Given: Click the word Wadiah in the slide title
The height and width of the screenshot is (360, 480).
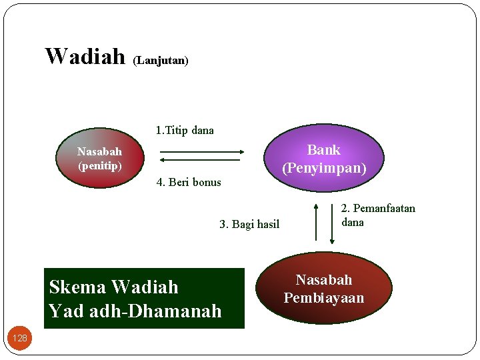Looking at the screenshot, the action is pyautogui.click(x=85, y=56).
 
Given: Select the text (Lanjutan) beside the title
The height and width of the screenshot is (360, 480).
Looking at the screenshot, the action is pyautogui.click(x=161, y=61).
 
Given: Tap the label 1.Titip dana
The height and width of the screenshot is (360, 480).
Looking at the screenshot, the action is pyautogui.click(x=185, y=130).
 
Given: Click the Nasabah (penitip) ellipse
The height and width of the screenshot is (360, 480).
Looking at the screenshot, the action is pyautogui.click(x=99, y=159).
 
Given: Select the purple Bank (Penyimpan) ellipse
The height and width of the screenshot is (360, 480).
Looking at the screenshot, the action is pyautogui.click(x=324, y=158).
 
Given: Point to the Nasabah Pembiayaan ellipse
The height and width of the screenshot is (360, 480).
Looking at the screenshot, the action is pyautogui.click(x=324, y=288).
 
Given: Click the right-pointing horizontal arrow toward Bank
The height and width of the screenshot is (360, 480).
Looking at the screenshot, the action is pyautogui.click(x=202, y=151).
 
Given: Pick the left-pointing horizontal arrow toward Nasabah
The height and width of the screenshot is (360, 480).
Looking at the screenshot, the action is pyautogui.click(x=202, y=160).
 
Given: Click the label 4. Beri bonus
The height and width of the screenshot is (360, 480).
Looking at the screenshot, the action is pyautogui.click(x=189, y=182).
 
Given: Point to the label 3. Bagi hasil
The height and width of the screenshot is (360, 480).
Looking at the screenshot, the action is pyautogui.click(x=249, y=224).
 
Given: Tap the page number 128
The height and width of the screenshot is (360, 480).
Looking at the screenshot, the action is pyautogui.click(x=20, y=338).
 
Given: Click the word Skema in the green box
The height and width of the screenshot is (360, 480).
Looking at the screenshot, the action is pyautogui.click(x=77, y=287).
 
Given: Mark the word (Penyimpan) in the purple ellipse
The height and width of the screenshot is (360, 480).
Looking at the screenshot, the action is pyautogui.click(x=324, y=167).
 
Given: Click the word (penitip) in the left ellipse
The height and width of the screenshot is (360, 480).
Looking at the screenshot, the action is pyautogui.click(x=100, y=165).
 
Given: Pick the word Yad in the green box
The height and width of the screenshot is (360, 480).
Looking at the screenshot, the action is pyautogui.click(x=63, y=311).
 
